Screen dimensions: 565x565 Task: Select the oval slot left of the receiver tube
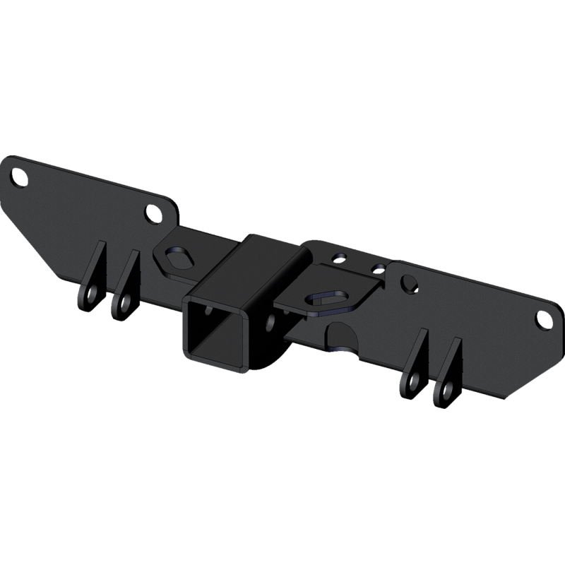(x=174, y=257)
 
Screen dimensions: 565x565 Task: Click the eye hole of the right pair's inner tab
(x=410, y=383)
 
